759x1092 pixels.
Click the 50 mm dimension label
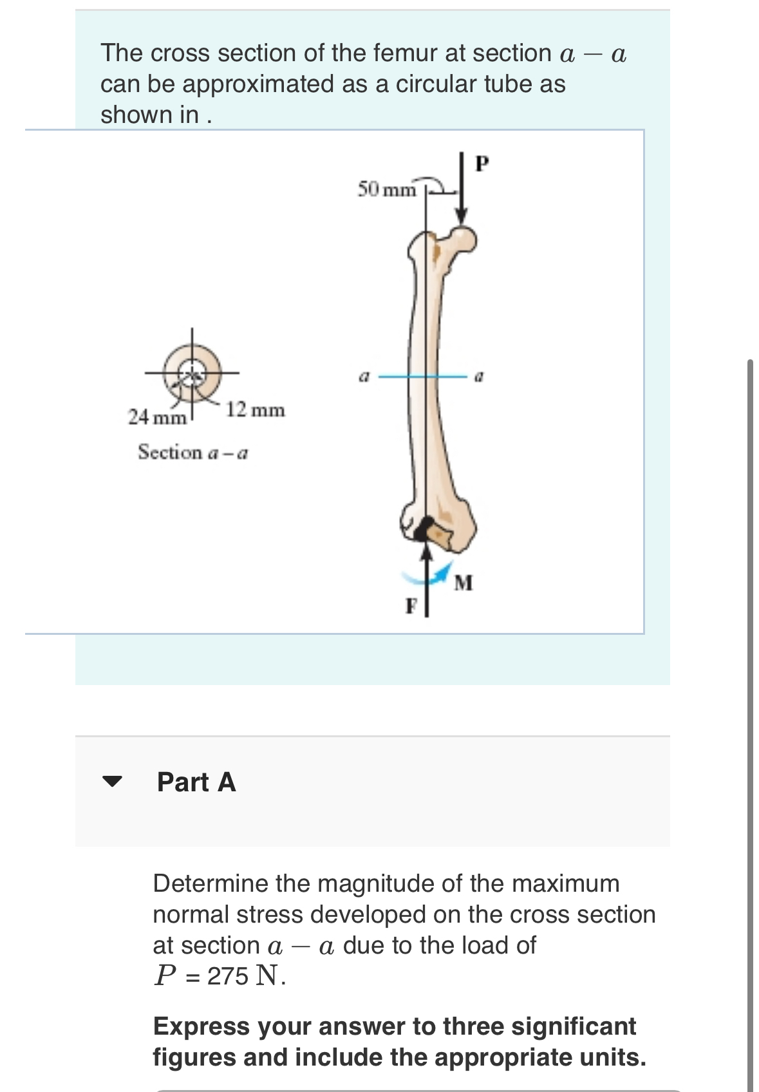click(387, 189)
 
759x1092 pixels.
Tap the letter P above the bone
click(482, 164)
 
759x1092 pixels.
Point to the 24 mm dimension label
click(157, 417)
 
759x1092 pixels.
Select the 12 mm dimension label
click(256, 409)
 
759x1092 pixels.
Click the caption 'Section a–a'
click(193, 453)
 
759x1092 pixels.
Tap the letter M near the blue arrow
click(463, 583)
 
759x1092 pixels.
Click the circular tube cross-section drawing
click(192, 373)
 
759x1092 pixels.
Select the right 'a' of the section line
click(478, 376)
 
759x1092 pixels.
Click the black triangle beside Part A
click(112, 782)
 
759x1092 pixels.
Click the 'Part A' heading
click(196, 782)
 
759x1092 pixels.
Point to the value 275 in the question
click(227, 976)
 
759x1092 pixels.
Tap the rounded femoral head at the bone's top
click(464, 239)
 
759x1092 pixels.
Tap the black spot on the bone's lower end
click(423, 529)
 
